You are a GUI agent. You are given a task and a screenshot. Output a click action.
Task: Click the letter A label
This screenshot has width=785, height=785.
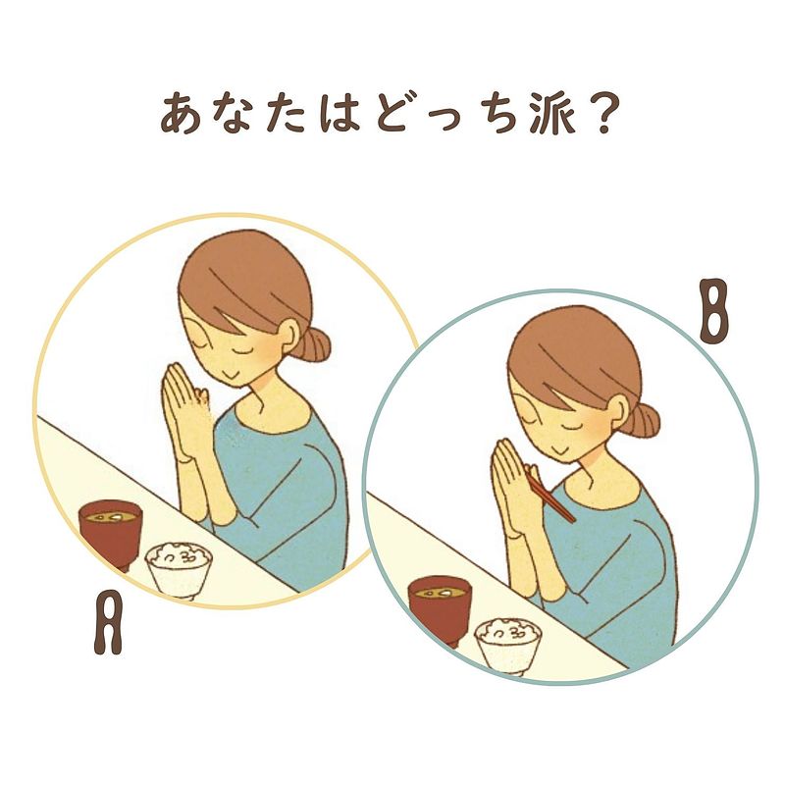(108, 622)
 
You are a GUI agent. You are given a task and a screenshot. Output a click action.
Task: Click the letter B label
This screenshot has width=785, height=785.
(713, 311)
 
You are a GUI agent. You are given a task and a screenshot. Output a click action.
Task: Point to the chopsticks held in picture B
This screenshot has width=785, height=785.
(549, 497)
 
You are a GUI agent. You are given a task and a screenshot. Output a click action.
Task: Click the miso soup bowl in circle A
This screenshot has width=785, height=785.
(111, 534)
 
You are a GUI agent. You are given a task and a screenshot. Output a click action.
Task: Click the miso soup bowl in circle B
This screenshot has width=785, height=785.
(440, 610)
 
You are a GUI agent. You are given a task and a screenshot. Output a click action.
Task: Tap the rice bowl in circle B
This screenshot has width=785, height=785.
(508, 647)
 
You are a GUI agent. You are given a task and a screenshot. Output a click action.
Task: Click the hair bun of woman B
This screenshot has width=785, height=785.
(645, 421)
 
